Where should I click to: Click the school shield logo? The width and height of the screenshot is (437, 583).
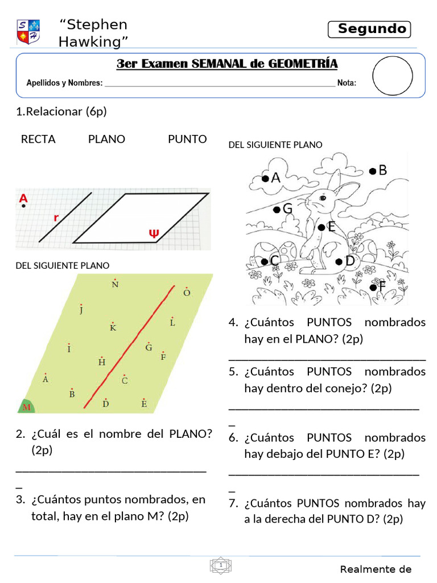28,32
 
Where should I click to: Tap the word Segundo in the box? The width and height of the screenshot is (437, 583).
372,29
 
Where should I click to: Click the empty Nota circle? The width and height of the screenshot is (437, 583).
393,75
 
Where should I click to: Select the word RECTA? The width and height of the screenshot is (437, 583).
38,139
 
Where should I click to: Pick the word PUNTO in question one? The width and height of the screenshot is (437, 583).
187,139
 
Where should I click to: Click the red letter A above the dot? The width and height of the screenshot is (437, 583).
23,199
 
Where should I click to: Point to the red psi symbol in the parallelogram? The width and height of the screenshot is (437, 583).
153,233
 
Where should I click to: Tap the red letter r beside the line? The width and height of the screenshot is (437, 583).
56,217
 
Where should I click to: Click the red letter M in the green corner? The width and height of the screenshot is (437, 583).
26,407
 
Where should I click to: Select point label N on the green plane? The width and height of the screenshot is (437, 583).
115,285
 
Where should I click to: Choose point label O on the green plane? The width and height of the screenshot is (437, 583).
187,293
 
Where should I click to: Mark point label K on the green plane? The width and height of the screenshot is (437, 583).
113,327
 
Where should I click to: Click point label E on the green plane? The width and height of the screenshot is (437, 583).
144,404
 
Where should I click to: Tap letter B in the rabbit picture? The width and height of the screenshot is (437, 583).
382,170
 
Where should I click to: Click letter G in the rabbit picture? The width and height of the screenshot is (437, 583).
287,210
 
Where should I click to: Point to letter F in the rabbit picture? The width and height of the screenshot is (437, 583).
381,288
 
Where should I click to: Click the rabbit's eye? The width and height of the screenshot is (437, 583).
323,197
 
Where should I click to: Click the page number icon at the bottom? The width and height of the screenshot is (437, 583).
220,565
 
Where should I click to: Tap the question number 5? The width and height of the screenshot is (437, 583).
233,372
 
